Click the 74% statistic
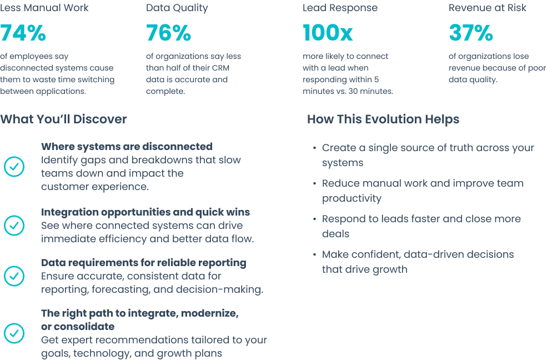(23, 33)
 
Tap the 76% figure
(168, 33)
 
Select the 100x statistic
(328, 33)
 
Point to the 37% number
(470, 33)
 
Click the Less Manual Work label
(44, 8)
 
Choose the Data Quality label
(177, 8)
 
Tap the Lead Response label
(340, 8)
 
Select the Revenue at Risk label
(488, 8)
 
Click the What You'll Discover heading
(63, 119)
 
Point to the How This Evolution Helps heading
(383, 119)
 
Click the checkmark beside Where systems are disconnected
(14, 167)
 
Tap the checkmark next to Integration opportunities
(14, 226)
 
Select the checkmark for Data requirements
(14, 276)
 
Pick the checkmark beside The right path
(14, 333)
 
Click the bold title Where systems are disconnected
(127, 147)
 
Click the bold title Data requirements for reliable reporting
(144, 263)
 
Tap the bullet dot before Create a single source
(315, 148)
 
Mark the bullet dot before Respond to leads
(315, 219)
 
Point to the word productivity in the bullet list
(352, 198)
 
